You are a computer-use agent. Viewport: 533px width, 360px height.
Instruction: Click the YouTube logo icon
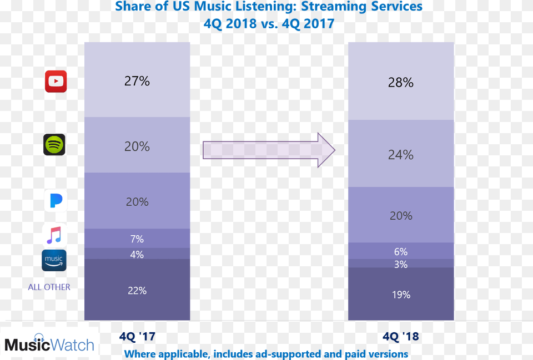tap(56, 82)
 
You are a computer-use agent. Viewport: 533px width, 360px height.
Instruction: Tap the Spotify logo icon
tap(54, 145)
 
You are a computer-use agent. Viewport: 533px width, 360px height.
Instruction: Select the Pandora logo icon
tap(56, 200)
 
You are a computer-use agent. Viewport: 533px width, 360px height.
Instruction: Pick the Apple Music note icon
tap(54, 235)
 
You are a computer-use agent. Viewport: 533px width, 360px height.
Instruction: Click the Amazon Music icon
tap(54, 261)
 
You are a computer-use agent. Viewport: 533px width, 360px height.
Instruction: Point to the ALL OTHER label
tap(49, 287)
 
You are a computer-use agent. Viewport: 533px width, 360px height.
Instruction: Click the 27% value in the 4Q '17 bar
tap(137, 81)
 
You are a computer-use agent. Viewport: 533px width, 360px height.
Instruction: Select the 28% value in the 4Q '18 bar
tap(400, 83)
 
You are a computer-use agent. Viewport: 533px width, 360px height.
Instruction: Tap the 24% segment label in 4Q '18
tap(400, 155)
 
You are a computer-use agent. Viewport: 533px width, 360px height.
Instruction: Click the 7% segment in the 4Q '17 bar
tap(137, 239)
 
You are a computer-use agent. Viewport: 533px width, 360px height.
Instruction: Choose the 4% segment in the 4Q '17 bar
tap(137, 255)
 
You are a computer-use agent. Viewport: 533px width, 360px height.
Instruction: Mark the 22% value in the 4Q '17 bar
tap(137, 290)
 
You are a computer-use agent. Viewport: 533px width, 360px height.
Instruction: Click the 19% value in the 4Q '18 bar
tap(400, 295)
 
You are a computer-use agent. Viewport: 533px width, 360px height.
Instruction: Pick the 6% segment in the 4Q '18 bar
tap(400, 252)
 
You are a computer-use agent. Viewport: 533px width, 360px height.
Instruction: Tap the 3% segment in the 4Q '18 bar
tap(400, 265)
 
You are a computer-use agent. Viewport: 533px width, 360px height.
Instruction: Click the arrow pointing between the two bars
tap(269, 150)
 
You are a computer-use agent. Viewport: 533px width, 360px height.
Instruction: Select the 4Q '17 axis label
tap(137, 336)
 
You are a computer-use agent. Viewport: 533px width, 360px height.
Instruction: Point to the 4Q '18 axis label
tap(400, 337)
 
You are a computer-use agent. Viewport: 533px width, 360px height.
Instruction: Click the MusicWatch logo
tap(49, 344)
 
